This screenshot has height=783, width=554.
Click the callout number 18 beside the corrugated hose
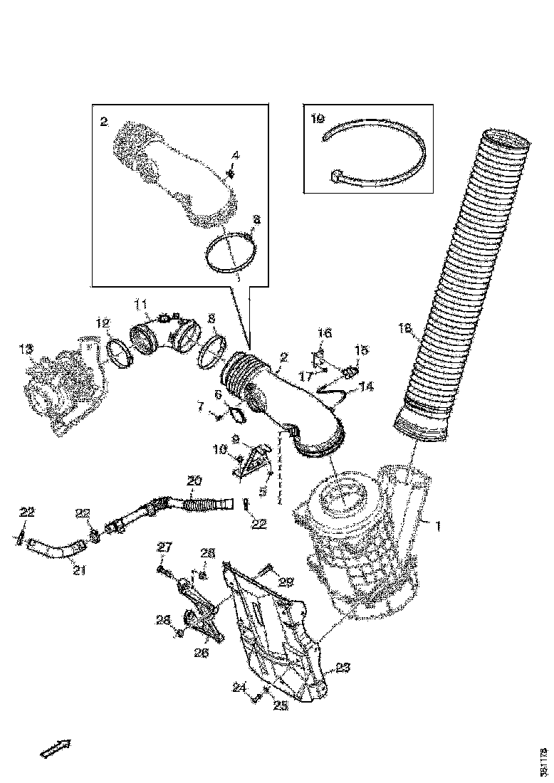tap(404, 328)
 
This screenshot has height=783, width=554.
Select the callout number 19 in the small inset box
tap(317, 120)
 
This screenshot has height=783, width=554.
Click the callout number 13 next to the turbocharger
tap(26, 350)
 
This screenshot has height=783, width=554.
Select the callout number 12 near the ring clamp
tap(103, 323)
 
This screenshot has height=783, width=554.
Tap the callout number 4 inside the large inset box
tap(236, 154)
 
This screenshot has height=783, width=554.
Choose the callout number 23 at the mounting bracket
tap(343, 667)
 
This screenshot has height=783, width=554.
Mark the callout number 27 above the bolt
tap(164, 547)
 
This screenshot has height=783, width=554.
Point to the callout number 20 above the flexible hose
tap(194, 481)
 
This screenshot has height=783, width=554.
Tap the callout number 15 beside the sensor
tap(362, 350)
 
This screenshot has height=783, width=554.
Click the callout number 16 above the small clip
tap(324, 332)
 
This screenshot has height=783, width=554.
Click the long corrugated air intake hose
tap(456, 285)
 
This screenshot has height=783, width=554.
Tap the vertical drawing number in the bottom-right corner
tap(544, 761)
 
